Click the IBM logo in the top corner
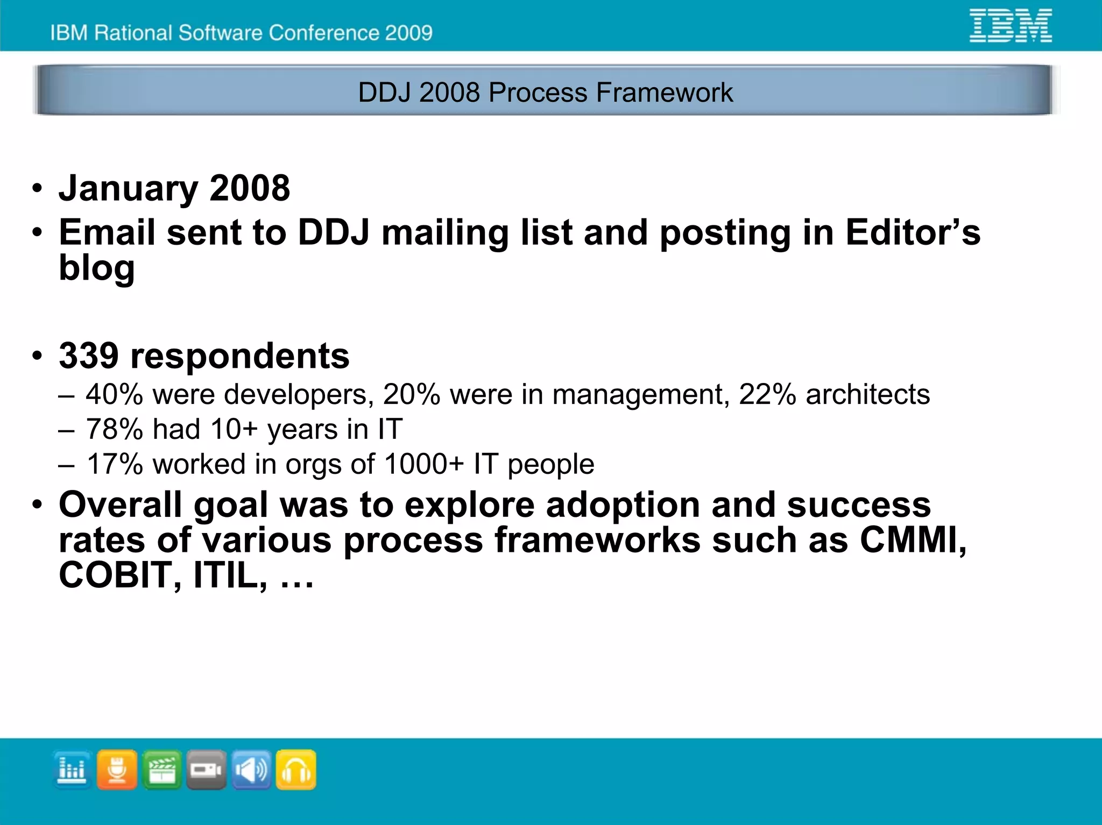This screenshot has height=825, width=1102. coord(1010,25)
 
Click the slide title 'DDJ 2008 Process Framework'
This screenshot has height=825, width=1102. coord(545,92)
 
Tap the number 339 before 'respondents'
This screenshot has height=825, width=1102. coord(89,356)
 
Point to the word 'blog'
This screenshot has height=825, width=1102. coord(97,268)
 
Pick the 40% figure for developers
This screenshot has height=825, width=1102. coord(114,394)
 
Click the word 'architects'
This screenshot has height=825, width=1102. coord(867,394)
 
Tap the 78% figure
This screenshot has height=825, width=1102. coord(114,429)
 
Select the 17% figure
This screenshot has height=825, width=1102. coord(115,464)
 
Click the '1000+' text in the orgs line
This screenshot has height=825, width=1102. coord(424,464)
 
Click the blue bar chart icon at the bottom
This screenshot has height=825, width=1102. coord(72,770)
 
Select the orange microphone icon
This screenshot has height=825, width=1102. coord(117,770)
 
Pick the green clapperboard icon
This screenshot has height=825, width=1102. coord(162,770)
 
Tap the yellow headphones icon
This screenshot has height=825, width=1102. coord(296,770)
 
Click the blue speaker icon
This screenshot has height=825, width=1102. coord(251,770)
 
